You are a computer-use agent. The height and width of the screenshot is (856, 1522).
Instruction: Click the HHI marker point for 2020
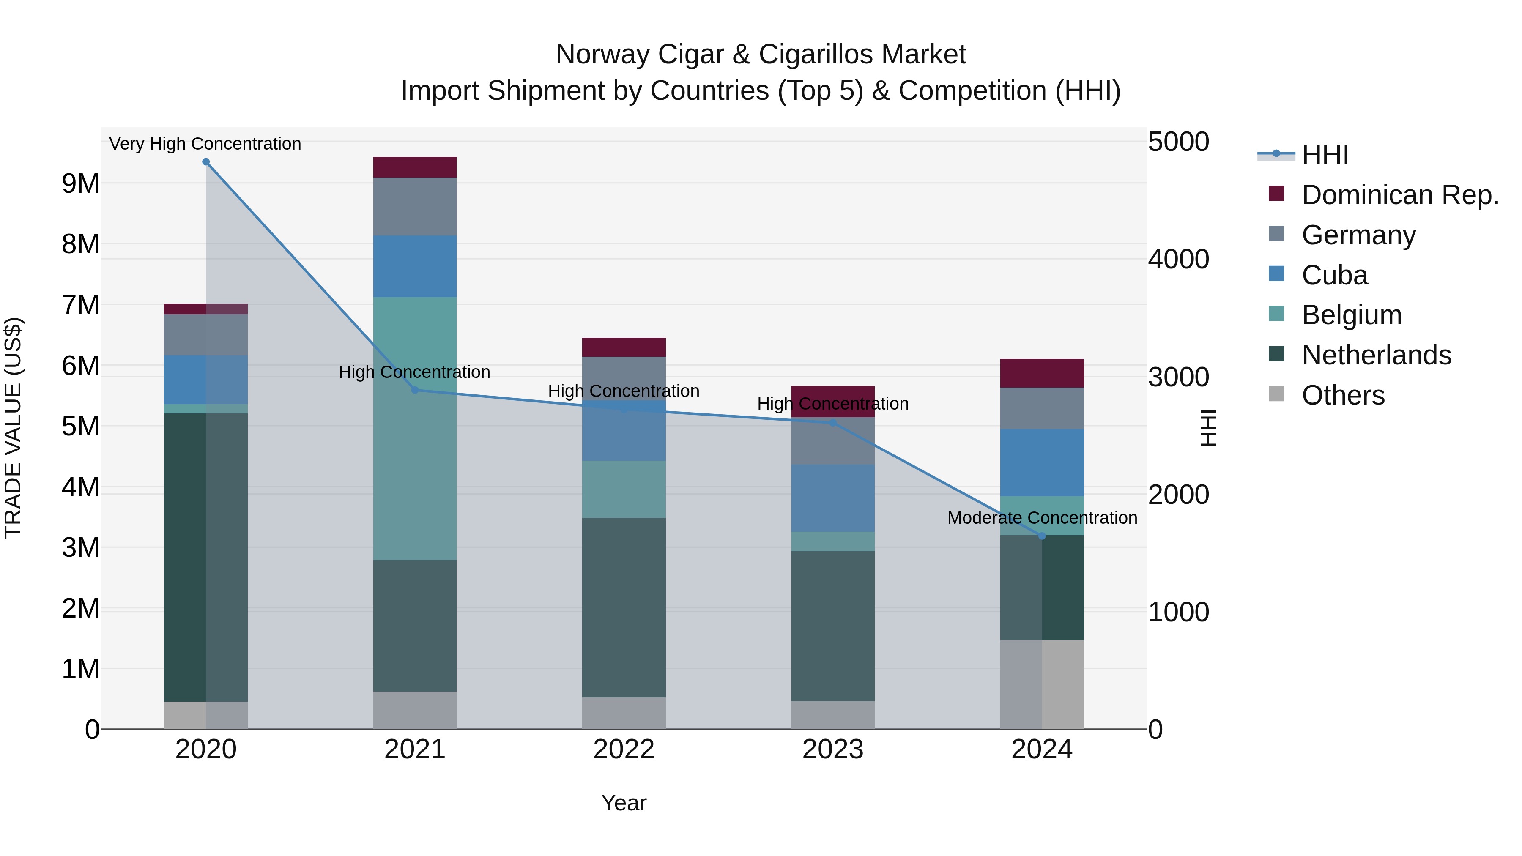click(205, 162)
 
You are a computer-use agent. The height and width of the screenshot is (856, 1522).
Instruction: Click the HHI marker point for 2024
click(1042, 536)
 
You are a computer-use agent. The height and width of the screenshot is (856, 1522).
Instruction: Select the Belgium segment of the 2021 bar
click(415, 428)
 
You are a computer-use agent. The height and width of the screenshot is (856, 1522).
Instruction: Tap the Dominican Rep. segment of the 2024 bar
click(1042, 373)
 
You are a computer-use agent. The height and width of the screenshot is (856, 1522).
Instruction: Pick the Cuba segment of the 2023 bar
click(832, 498)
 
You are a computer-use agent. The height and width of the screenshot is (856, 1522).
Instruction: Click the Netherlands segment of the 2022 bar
click(623, 607)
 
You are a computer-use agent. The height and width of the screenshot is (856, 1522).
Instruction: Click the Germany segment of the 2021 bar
click(415, 206)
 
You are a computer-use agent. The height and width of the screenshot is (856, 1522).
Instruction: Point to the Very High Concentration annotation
click(205, 144)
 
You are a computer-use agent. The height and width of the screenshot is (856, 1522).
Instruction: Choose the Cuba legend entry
click(1334, 275)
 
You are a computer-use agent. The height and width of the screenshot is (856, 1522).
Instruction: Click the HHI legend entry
click(1325, 155)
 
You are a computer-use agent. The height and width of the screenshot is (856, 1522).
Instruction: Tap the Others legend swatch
click(1276, 394)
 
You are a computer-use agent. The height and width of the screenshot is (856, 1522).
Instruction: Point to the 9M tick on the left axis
click(80, 184)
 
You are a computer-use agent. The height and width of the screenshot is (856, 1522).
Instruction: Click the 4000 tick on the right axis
click(1178, 260)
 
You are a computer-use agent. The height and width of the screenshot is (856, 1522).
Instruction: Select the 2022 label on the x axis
click(623, 749)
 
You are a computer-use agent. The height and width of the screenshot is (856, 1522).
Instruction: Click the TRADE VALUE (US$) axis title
click(13, 428)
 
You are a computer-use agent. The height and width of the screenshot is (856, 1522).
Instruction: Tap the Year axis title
click(623, 803)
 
